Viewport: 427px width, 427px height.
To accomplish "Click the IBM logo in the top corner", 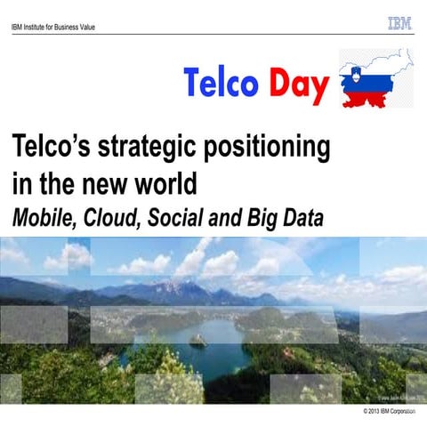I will (x=399, y=24).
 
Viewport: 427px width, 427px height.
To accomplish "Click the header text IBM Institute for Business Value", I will (x=52, y=27).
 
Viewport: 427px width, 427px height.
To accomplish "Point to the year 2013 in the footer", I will (x=378, y=412).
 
